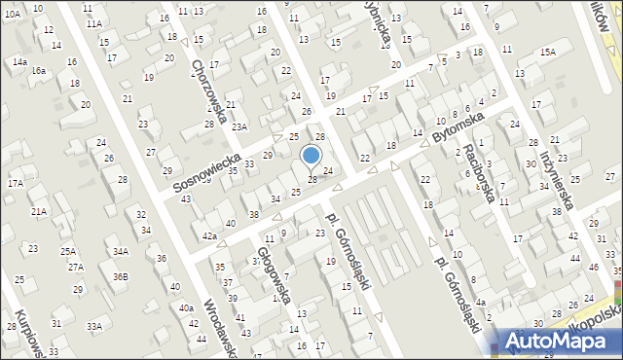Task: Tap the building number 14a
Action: pyautogui.click(x=19, y=61)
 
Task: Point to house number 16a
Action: pyautogui.click(x=38, y=71)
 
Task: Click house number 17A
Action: pyautogui.click(x=16, y=183)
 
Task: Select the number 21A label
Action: pyautogui.click(x=38, y=211)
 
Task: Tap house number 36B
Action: pyautogui.click(x=119, y=276)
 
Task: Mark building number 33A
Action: pyautogui.click(x=93, y=327)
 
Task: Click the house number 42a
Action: pyautogui.click(x=209, y=236)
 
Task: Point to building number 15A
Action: pyautogui.click(x=548, y=52)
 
